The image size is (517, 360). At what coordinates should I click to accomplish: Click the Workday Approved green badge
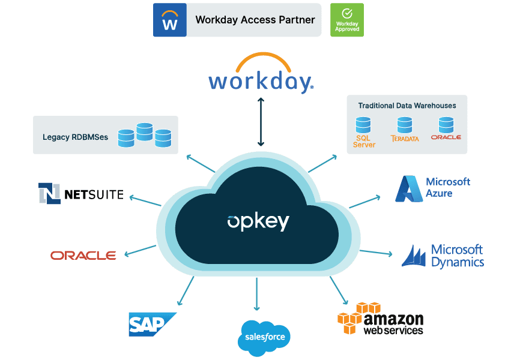346,20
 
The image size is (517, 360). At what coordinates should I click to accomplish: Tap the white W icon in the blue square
170,20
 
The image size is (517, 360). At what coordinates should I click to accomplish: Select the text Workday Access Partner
255,20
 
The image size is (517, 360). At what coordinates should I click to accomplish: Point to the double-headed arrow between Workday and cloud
260,122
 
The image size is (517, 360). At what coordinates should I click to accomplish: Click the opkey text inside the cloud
258,221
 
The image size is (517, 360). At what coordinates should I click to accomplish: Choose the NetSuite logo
81,193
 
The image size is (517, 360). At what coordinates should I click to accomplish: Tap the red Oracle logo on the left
83,255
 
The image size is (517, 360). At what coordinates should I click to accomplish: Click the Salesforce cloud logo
265,337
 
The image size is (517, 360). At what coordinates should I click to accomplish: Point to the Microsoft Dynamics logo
443,256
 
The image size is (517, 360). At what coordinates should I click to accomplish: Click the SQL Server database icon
363,125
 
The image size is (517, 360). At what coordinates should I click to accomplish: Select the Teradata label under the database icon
405,139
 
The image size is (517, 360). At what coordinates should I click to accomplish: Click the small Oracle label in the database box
446,137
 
